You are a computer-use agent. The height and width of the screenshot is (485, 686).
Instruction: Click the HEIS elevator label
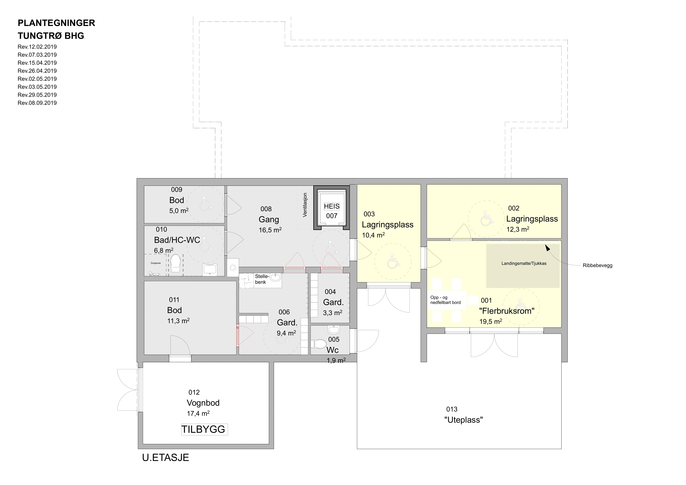[332, 206]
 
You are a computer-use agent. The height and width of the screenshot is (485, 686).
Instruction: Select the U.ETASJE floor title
[166, 457]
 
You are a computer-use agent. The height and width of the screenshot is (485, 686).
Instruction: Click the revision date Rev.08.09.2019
[37, 103]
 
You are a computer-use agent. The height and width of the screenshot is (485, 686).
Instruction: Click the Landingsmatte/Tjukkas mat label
[524, 263]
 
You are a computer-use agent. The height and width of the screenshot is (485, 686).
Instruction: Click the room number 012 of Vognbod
[194, 392]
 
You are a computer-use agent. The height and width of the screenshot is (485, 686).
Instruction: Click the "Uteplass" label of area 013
[463, 420]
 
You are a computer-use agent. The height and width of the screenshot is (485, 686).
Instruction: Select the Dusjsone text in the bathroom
[156, 263]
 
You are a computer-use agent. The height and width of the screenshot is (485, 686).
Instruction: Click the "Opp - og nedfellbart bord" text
[445, 300]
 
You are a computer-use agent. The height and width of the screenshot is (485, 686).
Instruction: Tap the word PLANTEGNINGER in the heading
[57, 23]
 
